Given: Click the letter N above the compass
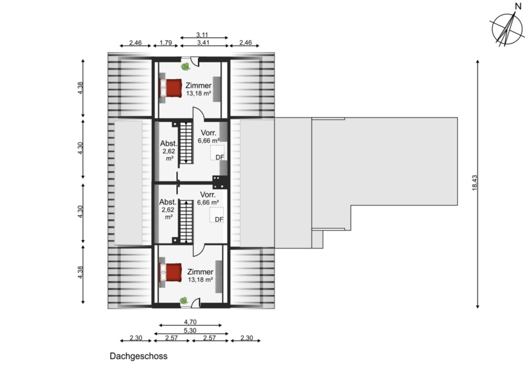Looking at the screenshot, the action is point(518,6).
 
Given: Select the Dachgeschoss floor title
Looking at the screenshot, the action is point(138,356).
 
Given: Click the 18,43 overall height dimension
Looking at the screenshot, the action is point(474,183).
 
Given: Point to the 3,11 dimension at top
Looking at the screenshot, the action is point(202,35).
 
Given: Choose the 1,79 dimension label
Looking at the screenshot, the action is point(165,42).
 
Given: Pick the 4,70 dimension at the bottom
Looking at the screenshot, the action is point(190,322).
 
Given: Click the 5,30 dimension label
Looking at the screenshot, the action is point(190,330).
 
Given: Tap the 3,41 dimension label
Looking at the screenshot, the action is point(203,42).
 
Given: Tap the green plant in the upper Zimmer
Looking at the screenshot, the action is point(185,67).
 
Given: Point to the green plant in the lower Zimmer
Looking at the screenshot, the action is point(184,300).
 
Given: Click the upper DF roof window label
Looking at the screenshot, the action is point(220,157).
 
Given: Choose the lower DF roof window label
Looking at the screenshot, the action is point(219,219).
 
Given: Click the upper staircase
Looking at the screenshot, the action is point(185,143).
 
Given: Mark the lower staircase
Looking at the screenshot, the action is point(185,222).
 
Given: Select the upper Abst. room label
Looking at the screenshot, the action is point(168,143).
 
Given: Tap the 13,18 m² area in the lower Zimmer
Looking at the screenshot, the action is point(200,280).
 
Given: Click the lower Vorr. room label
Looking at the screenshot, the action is point(208,195).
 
